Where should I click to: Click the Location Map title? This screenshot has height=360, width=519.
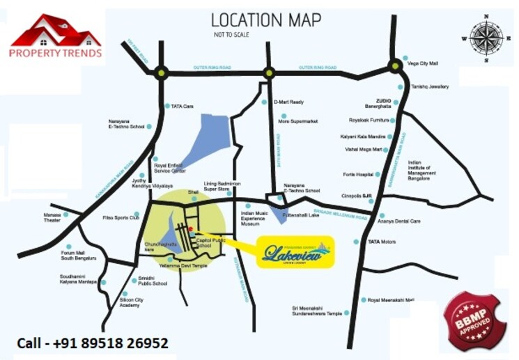266,20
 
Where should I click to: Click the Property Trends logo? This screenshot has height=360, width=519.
55,36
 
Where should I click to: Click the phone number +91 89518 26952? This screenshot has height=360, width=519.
92,343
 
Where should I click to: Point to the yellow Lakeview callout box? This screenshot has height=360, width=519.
295,252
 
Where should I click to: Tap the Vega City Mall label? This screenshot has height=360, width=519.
424,63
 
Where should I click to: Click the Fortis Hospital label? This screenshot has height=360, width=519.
358,175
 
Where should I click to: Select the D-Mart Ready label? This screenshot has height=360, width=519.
289,102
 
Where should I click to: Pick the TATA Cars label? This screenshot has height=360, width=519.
181,107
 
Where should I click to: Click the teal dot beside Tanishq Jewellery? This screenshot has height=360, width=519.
401,87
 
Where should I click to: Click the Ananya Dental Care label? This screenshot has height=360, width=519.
400,221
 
